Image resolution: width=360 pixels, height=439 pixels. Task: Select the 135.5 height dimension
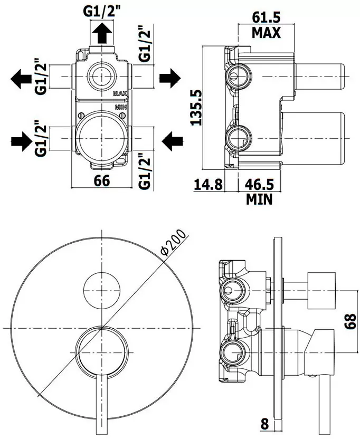pos(196,107)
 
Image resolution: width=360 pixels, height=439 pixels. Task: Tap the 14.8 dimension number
pos(209,185)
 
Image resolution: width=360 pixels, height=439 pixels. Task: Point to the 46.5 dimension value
pos(259,185)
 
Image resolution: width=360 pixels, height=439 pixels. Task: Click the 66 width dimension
pos(102,180)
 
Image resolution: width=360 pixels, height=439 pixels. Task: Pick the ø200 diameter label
pos(173,243)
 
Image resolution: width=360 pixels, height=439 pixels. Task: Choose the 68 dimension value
pos(350,321)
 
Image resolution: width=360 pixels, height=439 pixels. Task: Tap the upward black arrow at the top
pos(102,33)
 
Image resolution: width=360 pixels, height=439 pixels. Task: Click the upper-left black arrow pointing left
pos(21,79)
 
